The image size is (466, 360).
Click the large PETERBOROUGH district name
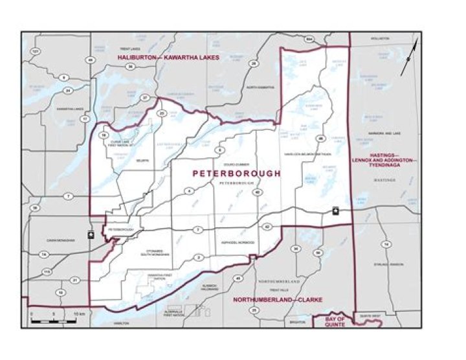click(x=237, y=174)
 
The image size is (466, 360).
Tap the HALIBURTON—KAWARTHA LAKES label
click(x=168, y=58)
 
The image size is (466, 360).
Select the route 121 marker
click(x=36, y=51)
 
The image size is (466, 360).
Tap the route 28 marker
click(x=254, y=63)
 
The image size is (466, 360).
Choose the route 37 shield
click(x=145, y=98)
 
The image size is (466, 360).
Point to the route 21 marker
click(x=75, y=280)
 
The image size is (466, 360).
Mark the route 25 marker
click(x=254, y=310)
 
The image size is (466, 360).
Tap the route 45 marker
click(x=238, y=278)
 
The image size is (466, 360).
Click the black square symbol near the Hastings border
click(x=335, y=211)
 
